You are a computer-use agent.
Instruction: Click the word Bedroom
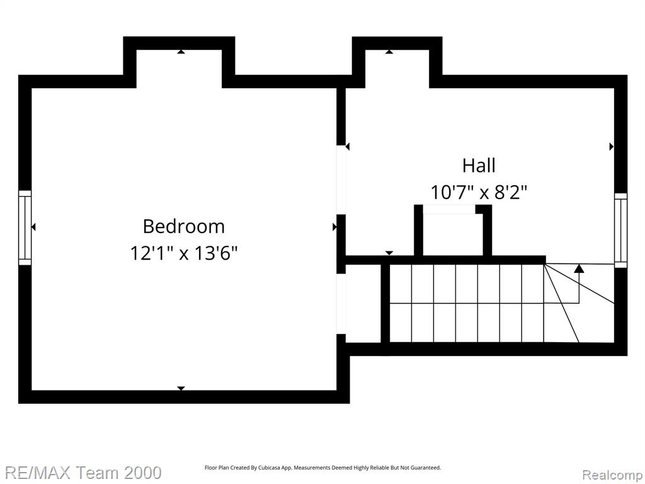pyautogui.click(x=184, y=226)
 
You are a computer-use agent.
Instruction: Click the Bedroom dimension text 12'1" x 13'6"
pyautogui.click(x=184, y=253)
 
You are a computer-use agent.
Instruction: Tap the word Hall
pyautogui.click(x=479, y=166)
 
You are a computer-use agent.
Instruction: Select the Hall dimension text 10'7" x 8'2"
pyautogui.click(x=479, y=192)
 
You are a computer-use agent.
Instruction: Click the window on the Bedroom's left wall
pyautogui.click(x=25, y=228)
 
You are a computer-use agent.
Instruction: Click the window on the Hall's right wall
pyautogui.click(x=620, y=230)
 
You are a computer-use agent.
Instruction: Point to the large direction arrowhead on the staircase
pyautogui.click(x=579, y=268)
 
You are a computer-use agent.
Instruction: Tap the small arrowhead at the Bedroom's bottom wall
pyautogui.click(x=181, y=388)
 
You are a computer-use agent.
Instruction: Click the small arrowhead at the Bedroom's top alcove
pyautogui.click(x=181, y=52)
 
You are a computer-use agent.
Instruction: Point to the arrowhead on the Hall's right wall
pyautogui.click(x=612, y=146)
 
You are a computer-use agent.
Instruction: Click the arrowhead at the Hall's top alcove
pyautogui.click(x=389, y=52)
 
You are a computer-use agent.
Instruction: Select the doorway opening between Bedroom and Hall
pyautogui.click(x=341, y=180)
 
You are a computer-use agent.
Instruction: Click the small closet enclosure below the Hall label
pyautogui.click(x=453, y=230)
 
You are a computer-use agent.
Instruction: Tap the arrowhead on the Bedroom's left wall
pyautogui.click(x=34, y=227)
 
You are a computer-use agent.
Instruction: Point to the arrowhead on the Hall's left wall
pyautogui.click(x=348, y=146)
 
